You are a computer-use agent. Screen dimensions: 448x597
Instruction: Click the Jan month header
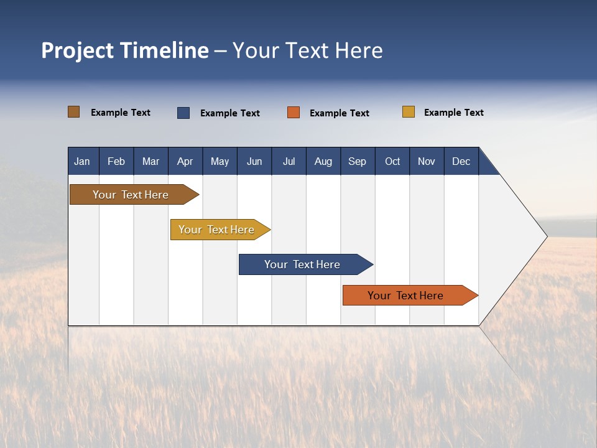pyautogui.click(x=82, y=161)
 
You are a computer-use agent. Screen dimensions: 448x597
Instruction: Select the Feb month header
pyautogui.click(x=116, y=161)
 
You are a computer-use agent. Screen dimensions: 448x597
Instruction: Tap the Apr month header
pyautogui.click(x=185, y=161)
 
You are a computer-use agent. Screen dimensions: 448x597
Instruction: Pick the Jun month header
pyautogui.click(x=254, y=161)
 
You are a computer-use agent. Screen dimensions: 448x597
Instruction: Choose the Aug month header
pyautogui.click(x=323, y=161)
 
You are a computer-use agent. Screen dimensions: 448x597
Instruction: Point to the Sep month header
pyautogui.click(x=357, y=161)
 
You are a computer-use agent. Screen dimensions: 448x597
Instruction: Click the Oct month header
pyautogui.click(x=392, y=161)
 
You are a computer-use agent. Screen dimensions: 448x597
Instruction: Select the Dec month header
pyautogui.click(x=461, y=161)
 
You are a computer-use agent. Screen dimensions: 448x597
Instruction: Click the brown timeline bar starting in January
pyautogui.click(x=131, y=195)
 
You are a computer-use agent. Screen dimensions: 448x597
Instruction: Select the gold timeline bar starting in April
pyautogui.click(x=217, y=230)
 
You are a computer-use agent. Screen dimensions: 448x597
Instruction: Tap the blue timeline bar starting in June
pyautogui.click(x=302, y=264)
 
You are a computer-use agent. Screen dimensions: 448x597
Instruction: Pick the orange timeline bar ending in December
pyautogui.click(x=406, y=296)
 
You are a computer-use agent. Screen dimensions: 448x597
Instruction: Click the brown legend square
pyautogui.click(x=74, y=112)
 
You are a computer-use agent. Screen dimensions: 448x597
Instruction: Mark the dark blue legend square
pyautogui.click(x=183, y=113)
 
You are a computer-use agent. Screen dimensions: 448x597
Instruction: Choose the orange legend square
pyautogui.click(x=294, y=113)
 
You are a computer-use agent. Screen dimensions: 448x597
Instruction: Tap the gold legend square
pyautogui.click(x=409, y=112)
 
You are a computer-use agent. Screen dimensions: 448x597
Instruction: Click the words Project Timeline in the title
pyautogui.click(x=125, y=50)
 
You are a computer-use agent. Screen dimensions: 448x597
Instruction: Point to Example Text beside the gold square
pyautogui.click(x=453, y=113)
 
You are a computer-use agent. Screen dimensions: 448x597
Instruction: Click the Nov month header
pyautogui.click(x=426, y=161)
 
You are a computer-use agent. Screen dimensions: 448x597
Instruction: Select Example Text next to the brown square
pyautogui.click(x=121, y=113)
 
